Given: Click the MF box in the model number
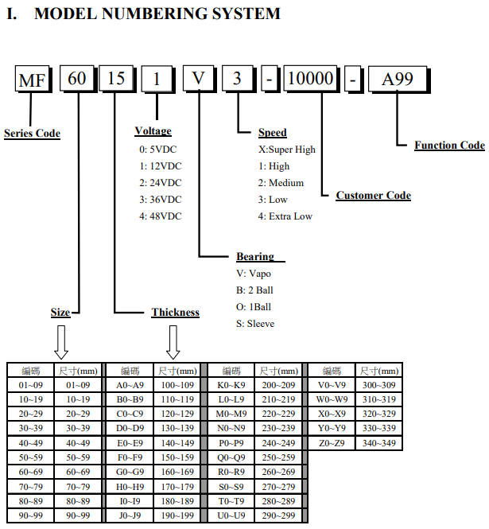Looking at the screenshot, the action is tap(33, 80).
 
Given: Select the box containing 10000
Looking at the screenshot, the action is tap(311, 79).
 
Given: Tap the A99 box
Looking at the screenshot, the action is tap(398, 80).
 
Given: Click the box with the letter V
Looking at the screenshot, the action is tap(199, 78).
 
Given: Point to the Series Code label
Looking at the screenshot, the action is tap(32, 134).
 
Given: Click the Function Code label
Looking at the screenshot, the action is tap(449, 145).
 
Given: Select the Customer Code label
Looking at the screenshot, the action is tap(374, 196).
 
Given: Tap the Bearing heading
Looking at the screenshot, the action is tap(255, 256).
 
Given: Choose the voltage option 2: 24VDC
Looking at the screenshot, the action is tap(161, 183).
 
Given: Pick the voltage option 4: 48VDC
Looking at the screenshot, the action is tap(161, 216).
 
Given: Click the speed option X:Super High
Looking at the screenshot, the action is tap(287, 150).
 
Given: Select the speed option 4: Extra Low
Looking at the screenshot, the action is tap(285, 216).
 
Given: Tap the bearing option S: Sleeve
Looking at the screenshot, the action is tap(255, 324).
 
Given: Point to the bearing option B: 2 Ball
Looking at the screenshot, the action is tap(254, 290).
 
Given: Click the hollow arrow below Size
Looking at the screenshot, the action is tap(61, 342).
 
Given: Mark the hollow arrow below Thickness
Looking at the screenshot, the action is tap(173, 342).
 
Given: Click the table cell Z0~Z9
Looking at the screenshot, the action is tap(332, 443).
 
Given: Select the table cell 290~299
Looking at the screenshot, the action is tap(278, 515).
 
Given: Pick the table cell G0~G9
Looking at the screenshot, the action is tap(130, 472).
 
